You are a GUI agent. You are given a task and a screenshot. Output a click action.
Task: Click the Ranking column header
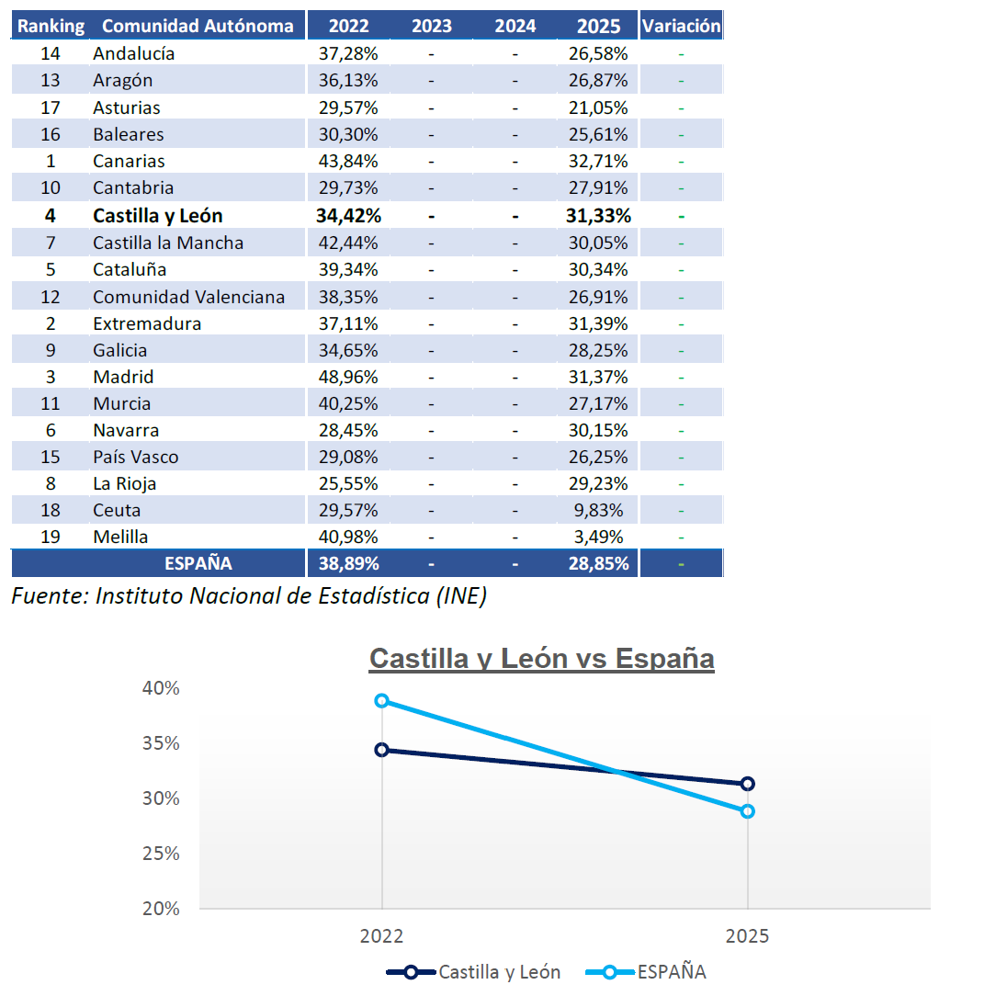pos(51,26)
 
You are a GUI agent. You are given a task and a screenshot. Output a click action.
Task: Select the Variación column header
pos(681,26)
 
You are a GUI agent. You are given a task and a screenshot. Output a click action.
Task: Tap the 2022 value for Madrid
pos(348,377)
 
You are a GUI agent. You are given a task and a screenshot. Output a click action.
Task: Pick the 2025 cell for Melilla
pos(598,537)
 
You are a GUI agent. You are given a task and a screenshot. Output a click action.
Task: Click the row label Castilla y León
pos(158,216)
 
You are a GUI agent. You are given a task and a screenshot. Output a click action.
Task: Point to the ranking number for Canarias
pos(51,161)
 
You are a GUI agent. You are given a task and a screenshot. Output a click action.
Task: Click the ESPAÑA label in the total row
pos(198,563)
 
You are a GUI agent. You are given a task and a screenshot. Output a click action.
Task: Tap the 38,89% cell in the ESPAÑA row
pos(348,563)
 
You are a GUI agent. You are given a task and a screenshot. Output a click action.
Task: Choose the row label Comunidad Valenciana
pos(188,297)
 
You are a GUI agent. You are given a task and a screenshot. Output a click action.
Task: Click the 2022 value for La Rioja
pos(348,483)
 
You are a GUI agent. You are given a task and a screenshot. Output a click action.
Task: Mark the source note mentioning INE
pos(249,596)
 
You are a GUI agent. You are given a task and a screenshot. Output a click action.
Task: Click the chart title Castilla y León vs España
pos(541,659)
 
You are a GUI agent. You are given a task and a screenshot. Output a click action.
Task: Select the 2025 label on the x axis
pos(747,937)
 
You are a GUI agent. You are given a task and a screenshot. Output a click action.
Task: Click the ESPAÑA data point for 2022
pos(381,700)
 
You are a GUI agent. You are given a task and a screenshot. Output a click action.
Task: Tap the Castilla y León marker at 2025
pos(748,784)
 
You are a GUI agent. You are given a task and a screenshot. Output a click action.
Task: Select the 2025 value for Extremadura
pos(598,323)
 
